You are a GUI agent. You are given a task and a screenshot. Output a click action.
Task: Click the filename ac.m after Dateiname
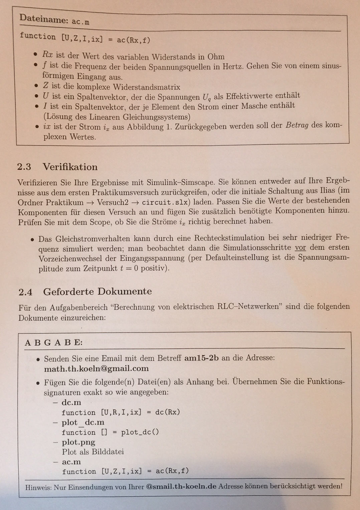click(x=80, y=22)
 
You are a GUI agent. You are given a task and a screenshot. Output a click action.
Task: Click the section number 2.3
click(x=24, y=167)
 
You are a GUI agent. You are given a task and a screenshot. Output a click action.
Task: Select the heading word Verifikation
click(x=70, y=167)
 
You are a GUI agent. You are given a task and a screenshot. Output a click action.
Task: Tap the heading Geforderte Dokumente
click(x=97, y=291)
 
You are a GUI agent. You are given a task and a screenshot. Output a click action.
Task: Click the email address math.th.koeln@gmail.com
click(x=96, y=368)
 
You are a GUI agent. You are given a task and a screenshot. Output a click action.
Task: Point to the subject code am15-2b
click(x=201, y=358)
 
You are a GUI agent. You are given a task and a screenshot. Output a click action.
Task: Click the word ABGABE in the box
click(x=53, y=343)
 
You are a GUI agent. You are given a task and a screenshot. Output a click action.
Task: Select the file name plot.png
click(x=78, y=442)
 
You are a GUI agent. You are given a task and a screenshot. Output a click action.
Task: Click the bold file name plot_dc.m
click(x=83, y=422)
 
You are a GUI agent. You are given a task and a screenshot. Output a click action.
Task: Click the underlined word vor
click(x=300, y=248)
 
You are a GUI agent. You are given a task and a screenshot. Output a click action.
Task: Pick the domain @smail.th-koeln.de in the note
click(x=181, y=486)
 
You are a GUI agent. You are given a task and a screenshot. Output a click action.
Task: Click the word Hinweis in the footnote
click(x=38, y=487)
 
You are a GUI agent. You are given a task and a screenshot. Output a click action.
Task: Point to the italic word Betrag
click(x=297, y=126)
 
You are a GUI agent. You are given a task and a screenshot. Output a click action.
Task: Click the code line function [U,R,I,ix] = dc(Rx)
click(x=121, y=412)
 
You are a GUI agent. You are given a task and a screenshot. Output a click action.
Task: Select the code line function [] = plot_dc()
click(x=110, y=432)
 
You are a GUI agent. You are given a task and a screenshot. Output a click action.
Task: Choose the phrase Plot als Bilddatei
click(x=93, y=452)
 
